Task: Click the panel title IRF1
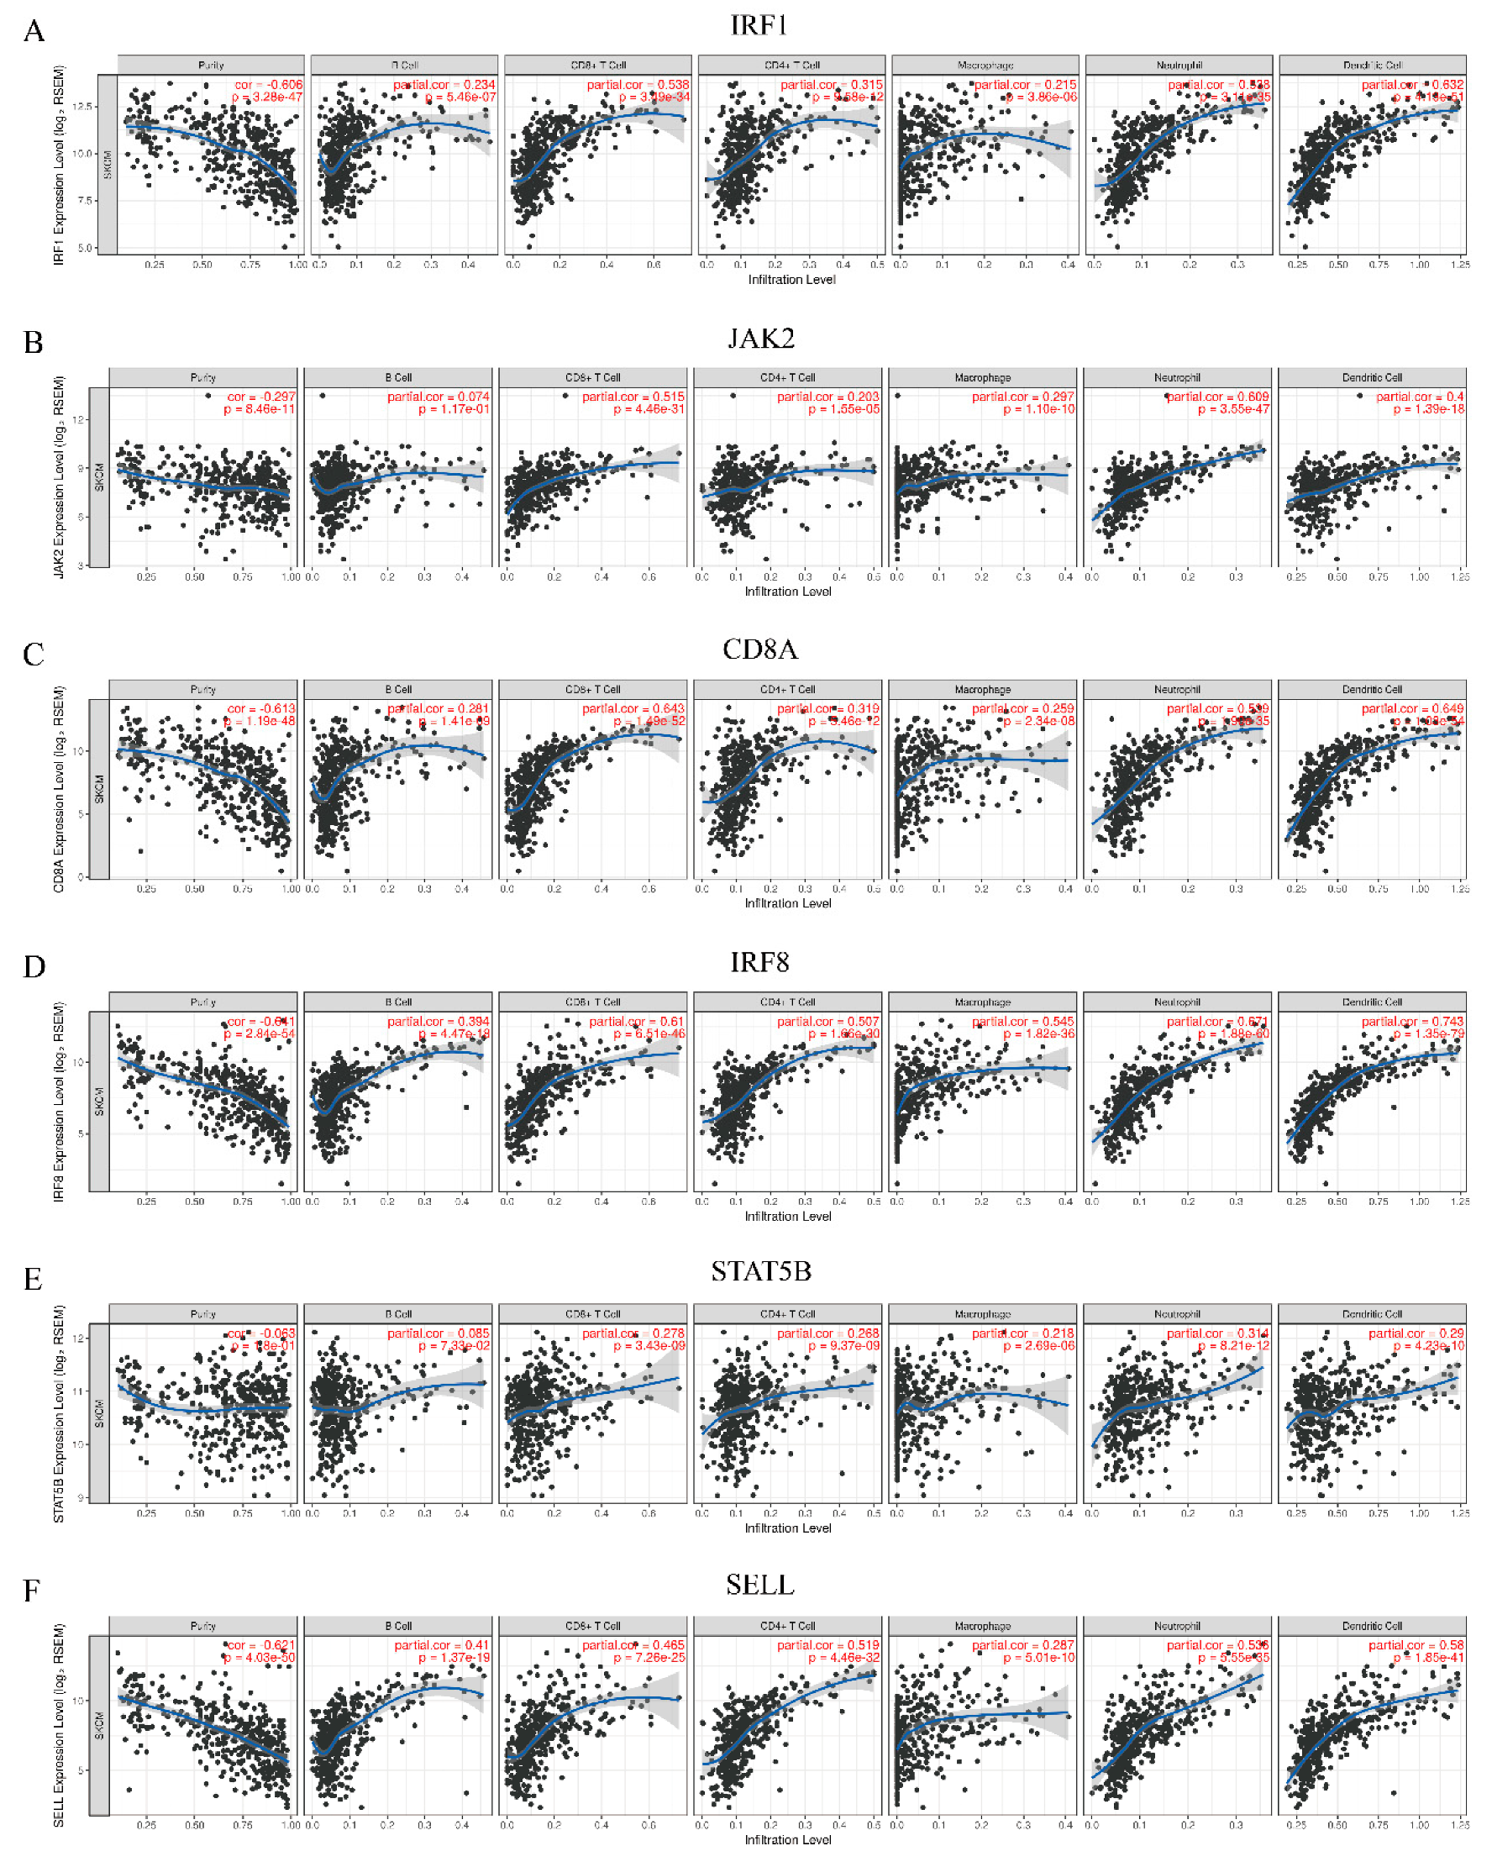click(759, 25)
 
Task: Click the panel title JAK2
click(760, 338)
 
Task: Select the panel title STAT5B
click(760, 1271)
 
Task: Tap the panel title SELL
click(759, 1584)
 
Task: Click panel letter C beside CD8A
click(33, 654)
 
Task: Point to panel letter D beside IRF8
click(34, 966)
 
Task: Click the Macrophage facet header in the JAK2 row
click(982, 377)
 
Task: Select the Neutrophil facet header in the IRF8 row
click(1176, 1002)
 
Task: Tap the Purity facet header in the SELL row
click(202, 1625)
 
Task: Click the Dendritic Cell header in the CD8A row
click(1372, 689)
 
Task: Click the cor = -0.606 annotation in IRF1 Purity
click(269, 85)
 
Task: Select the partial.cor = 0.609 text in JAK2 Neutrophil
click(1216, 397)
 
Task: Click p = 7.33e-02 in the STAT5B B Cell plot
click(453, 1346)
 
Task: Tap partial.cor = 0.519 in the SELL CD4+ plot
click(827, 1645)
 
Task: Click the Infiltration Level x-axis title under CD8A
click(787, 903)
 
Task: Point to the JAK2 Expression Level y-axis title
click(59, 476)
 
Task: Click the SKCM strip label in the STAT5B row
click(100, 1412)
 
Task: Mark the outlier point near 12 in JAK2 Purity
click(208, 396)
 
